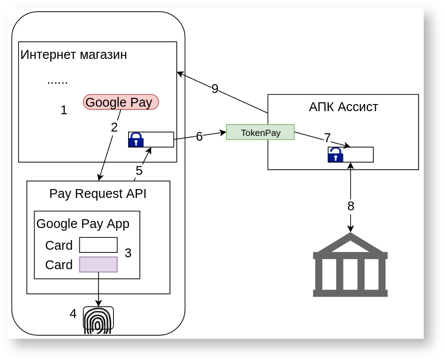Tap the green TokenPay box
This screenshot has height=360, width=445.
(x=260, y=132)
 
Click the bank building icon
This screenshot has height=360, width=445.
(x=350, y=265)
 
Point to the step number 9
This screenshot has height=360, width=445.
(x=215, y=89)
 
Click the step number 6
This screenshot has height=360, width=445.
(x=199, y=137)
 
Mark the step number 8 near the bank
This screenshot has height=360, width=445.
(x=351, y=206)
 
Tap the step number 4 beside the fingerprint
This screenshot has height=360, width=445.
(x=73, y=314)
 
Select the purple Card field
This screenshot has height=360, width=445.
(x=98, y=264)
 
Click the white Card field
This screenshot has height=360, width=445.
(x=98, y=245)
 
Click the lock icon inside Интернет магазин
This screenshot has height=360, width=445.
(x=136, y=140)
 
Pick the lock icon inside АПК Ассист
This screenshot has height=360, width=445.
(x=336, y=155)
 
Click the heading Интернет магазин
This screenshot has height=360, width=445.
(x=74, y=55)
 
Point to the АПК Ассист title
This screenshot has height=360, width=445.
(x=343, y=107)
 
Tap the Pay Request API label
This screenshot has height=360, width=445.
(x=98, y=194)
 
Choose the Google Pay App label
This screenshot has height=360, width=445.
(x=83, y=224)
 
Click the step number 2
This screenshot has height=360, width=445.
(x=114, y=128)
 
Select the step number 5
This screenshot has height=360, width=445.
(x=139, y=171)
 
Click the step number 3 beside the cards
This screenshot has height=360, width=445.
(x=128, y=253)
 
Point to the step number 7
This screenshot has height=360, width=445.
(x=328, y=138)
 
